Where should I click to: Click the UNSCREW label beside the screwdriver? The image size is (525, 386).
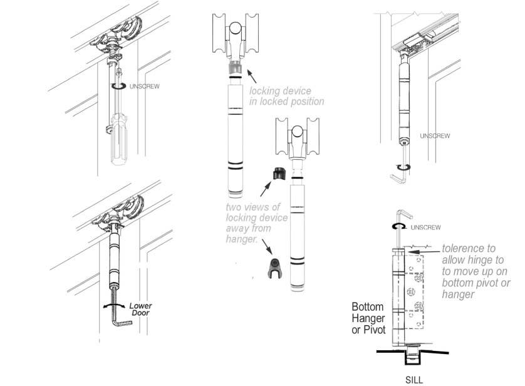point(144,86)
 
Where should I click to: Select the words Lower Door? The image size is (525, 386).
point(140,309)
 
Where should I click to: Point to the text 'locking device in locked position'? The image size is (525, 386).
point(286,96)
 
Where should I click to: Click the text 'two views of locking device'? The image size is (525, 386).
point(257,217)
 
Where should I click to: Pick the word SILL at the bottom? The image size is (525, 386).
point(413,379)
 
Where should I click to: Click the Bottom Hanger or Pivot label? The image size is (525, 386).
point(368,318)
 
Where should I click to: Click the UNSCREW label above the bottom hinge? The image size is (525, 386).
point(427,227)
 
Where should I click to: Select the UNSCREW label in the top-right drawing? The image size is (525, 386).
point(434,135)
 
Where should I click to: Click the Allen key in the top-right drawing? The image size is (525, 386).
point(398,174)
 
